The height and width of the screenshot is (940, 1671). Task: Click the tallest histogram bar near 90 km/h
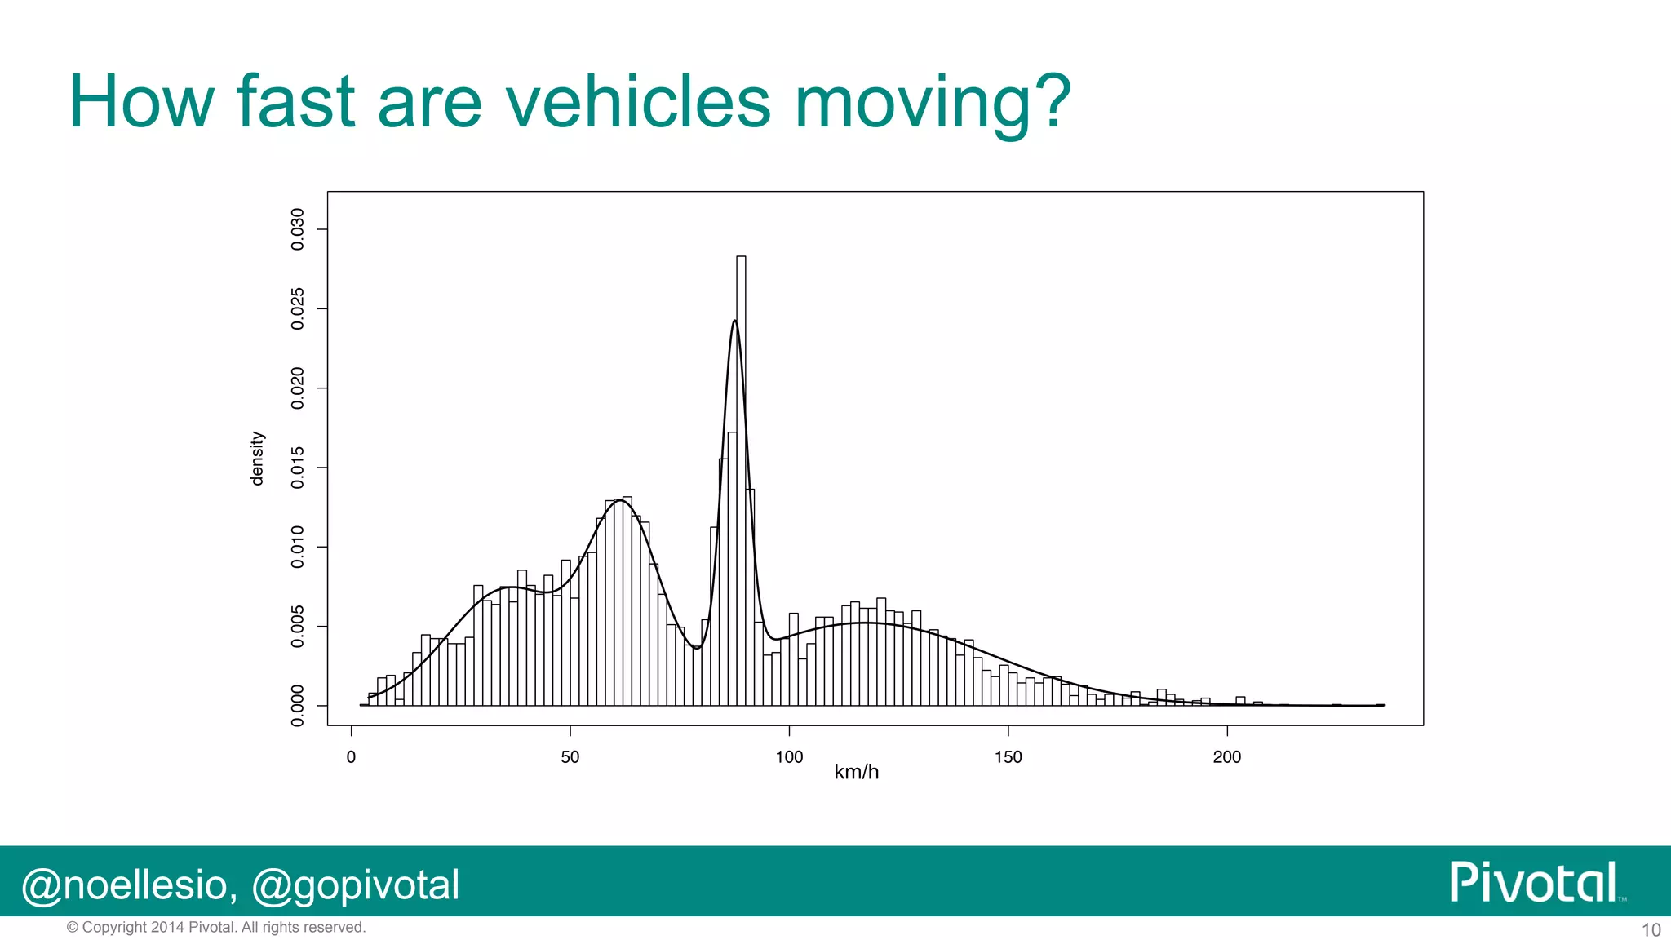741,481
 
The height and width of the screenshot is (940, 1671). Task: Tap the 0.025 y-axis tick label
298,308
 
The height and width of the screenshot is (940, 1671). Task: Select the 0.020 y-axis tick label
298,388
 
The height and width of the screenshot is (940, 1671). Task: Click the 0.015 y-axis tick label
298,468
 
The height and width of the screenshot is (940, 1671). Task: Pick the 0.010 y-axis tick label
298,547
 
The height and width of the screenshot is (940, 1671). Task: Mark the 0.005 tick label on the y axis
298,626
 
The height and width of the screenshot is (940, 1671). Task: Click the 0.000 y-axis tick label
298,705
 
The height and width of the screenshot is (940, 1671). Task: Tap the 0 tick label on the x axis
351,757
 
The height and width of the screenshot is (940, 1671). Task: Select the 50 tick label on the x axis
570,757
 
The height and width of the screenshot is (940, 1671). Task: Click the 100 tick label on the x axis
789,757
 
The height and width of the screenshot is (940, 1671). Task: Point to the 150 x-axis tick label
1008,757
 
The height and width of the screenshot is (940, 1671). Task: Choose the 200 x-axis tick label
1226,757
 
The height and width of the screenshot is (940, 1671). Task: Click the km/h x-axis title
856,772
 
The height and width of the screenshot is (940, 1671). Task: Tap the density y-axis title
257,459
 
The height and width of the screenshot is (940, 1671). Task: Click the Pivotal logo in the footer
1534,882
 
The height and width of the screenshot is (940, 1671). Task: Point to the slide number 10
1651,930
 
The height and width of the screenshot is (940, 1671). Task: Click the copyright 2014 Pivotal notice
216,928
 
